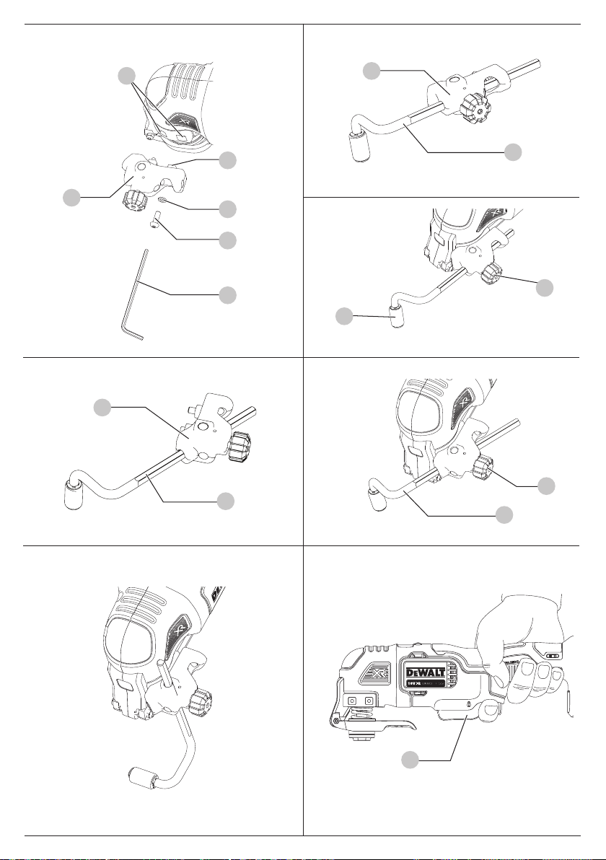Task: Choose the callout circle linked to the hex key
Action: (x=228, y=294)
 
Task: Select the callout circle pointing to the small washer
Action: (x=228, y=209)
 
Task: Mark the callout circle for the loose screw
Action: (x=228, y=239)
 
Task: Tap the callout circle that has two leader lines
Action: (x=127, y=75)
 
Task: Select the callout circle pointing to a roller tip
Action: (x=345, y=315)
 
